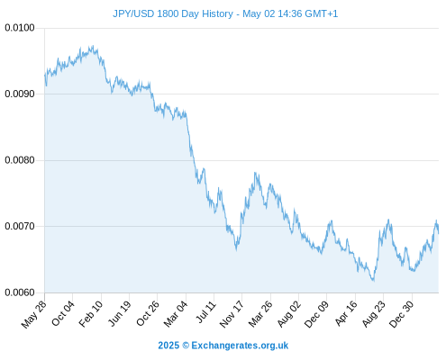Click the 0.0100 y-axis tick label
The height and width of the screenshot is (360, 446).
pos(20,28)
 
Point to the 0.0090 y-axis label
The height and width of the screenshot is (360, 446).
pos(20,94)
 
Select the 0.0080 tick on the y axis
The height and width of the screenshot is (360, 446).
pos(20,160)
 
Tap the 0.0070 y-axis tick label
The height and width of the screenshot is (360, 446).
pos(20,226)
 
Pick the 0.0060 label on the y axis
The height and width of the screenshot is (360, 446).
pos(20,292)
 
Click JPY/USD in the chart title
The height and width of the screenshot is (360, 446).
pos(133,13)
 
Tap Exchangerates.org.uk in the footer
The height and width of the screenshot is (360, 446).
pos(240,346)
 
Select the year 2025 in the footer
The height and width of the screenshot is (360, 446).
pos(168,346)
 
